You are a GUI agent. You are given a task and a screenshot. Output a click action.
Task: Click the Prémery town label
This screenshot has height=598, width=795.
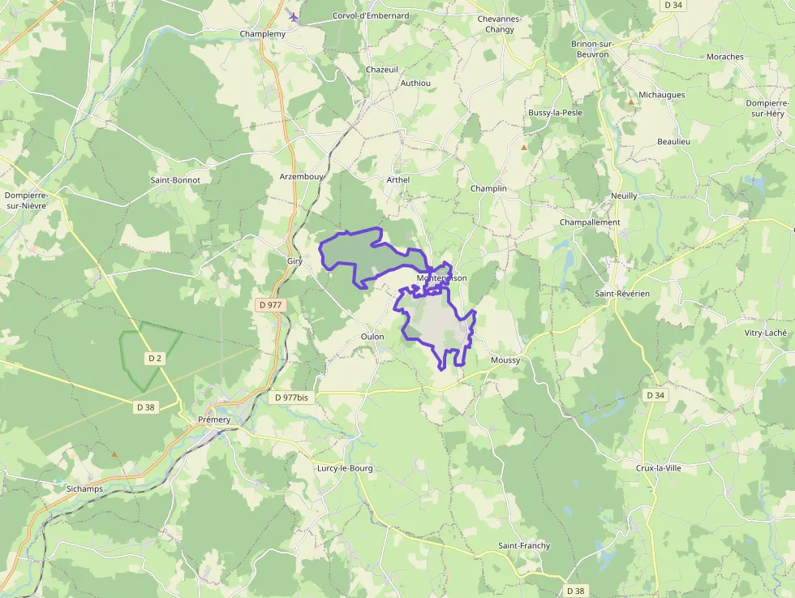214,419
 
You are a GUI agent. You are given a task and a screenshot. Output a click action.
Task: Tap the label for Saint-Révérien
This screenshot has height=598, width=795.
622,294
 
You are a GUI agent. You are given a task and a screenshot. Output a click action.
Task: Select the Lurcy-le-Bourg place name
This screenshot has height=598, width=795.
345,468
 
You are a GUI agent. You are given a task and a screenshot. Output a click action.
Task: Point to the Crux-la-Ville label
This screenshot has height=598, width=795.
659,468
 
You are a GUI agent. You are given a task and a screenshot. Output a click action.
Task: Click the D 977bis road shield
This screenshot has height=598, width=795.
292,398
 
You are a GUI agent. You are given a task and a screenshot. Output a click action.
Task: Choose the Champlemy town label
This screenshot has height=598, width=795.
263,34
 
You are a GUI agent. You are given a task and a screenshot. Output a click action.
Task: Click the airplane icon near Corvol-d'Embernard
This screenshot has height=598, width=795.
293,16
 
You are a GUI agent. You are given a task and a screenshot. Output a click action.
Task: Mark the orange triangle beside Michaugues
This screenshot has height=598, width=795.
631,102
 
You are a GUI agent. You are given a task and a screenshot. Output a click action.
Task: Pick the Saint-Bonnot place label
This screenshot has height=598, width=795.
175,179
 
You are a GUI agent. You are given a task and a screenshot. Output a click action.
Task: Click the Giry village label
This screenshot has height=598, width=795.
294,261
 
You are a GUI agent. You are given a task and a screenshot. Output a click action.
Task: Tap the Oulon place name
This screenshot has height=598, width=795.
372,336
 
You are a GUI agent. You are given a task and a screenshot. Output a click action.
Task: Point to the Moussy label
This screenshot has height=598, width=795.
505,359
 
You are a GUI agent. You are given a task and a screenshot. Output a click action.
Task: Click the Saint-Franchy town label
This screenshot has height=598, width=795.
524,546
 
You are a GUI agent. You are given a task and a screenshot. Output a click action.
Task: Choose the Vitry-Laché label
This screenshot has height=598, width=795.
766,333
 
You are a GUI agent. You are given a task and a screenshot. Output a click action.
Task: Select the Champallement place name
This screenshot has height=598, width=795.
590,222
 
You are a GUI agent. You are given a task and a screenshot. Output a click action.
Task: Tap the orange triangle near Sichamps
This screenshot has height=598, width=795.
114,454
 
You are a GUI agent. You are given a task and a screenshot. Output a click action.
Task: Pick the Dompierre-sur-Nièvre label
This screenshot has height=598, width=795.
26,200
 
